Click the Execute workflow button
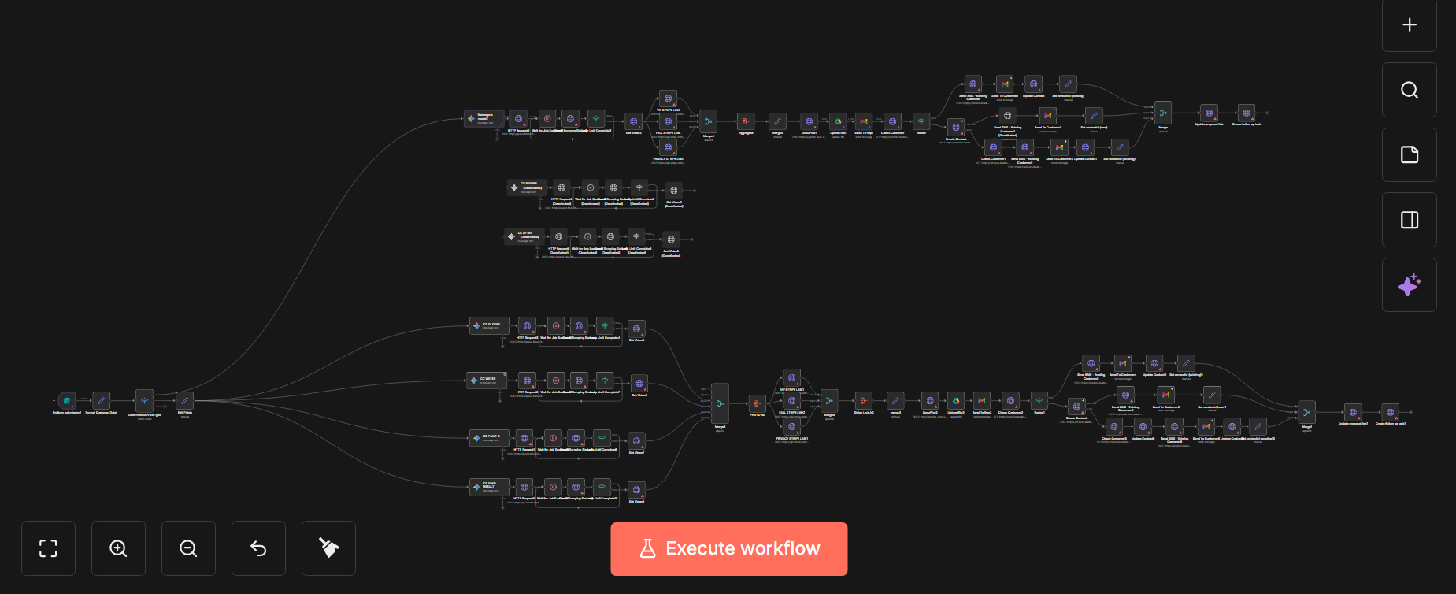click(728, 548)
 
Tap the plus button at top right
click(1409, 25)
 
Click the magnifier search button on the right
click(1409, 90)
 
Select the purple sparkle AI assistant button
click(1409, 285)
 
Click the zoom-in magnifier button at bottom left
click(118, 548)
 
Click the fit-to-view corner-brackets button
click(48, 548)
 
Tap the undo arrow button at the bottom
click(258, 548)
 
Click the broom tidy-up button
click(328, 548)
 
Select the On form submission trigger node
click(67, 401)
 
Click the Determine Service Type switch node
click(144, 401)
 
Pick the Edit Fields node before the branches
click(185, 401)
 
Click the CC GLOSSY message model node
click(488, 325)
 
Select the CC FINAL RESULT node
click(488, 487)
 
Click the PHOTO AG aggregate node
click(757, 403)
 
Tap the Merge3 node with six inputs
click(720, 403)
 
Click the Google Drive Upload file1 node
click(838, 121)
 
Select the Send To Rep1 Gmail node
click(864, 121)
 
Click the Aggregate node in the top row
click(746, 121)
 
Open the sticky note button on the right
click(1409, 155)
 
